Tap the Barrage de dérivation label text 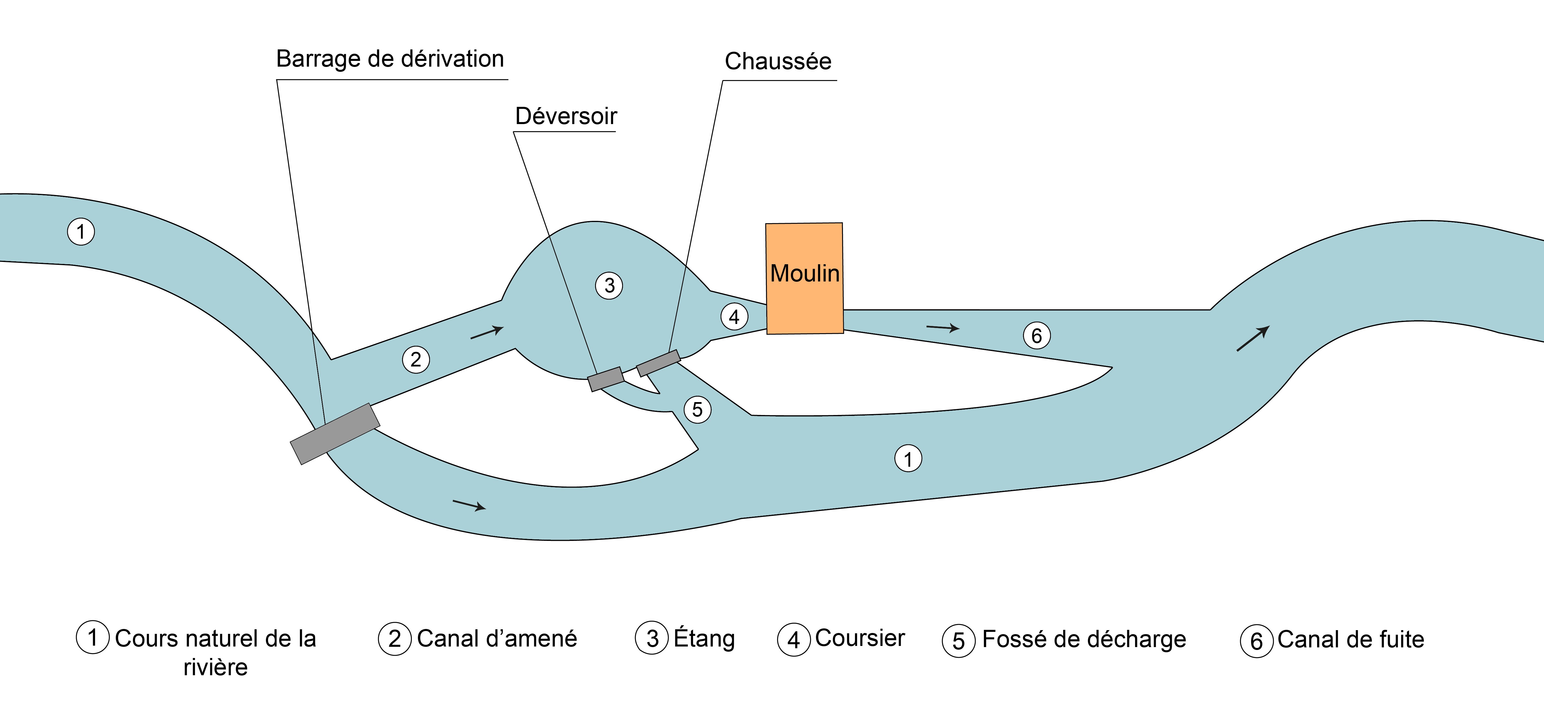[390, 59]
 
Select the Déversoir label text [566, 116]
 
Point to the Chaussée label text [778, 61]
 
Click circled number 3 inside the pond [609, 285]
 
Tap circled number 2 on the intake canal [416, 360]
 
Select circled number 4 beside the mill [734, 317]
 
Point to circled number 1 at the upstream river [81, 231]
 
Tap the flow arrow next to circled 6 [943, 327]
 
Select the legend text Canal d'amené [497, 638]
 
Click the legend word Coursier [860, 638]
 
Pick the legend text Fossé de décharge [1084, 639]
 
